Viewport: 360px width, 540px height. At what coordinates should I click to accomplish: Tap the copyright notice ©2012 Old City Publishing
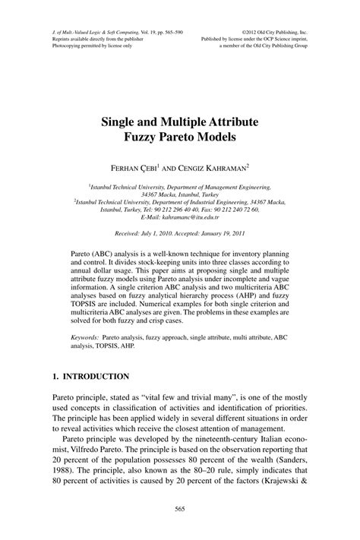(x=274, y=33)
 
